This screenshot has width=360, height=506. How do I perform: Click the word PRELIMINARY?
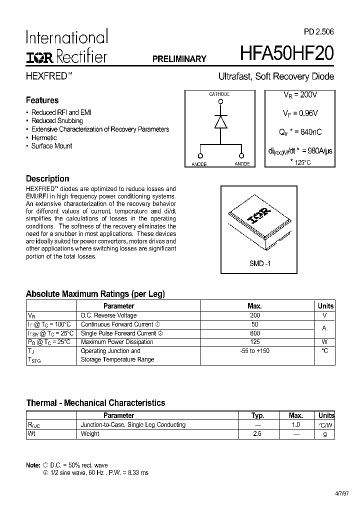pos(179,59)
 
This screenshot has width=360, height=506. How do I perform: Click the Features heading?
pos(42,100)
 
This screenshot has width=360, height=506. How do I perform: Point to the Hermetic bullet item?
pos(44,137)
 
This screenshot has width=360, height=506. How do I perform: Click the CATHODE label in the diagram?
pos(219,94)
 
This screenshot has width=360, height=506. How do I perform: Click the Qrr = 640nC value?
pos(300,132)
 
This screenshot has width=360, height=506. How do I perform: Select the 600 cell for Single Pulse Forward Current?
pos(254,333)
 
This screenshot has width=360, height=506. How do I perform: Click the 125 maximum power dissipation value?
pos(254,342)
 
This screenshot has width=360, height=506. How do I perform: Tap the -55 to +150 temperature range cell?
pos(254,351)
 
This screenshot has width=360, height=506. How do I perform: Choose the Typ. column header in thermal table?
pos(257,415)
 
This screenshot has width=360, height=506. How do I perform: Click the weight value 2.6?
pos(257,433)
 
